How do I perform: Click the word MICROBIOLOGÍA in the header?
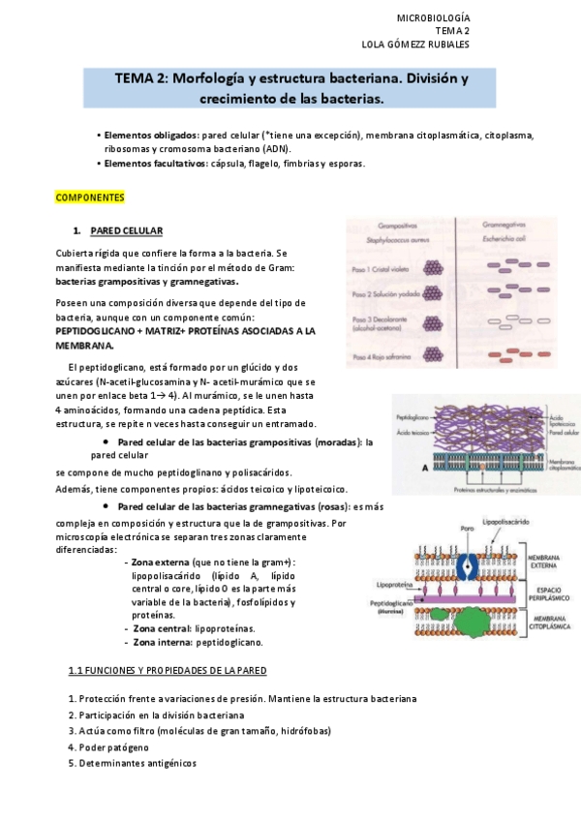coord(434,17)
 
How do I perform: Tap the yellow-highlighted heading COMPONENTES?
coord(90,198)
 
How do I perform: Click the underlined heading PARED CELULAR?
coord(126,230)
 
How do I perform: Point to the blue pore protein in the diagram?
coord(469,569)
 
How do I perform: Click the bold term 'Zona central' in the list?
coord(162,628)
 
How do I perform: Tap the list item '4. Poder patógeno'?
coord(108,747)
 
